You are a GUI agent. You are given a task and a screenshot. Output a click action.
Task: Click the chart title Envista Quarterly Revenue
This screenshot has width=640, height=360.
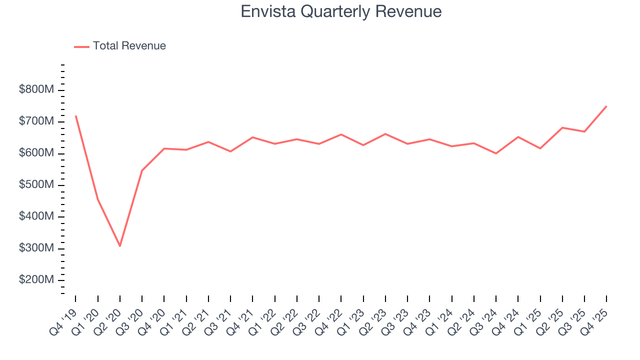(341, 11)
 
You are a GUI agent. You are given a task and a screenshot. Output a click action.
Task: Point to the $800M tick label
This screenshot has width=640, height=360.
(37, 90)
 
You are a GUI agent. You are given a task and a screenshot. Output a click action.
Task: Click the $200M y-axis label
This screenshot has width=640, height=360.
(37, 280)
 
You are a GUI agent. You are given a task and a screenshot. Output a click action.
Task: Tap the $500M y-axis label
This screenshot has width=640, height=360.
(37, 185)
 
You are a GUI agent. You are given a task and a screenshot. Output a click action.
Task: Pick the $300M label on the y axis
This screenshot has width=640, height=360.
(37, 248)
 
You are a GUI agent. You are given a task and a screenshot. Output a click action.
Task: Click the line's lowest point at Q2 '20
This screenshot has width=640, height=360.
(120, 246)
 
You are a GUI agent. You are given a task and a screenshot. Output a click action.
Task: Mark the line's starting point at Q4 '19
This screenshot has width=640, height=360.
(76, 116)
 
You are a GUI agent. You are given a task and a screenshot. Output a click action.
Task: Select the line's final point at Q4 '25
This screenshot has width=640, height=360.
(606, 106)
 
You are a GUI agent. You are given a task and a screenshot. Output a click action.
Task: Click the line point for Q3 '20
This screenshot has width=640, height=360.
(142, 170)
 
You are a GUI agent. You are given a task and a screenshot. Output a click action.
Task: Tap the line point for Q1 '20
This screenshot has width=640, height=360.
(98, 199)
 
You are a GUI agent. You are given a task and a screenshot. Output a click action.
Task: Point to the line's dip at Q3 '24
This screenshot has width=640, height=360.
(496, 153)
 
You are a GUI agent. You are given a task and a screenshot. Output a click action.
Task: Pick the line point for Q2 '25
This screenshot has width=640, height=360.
(562, 127)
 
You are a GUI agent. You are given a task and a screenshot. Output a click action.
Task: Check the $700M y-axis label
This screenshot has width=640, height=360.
(37, 121)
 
